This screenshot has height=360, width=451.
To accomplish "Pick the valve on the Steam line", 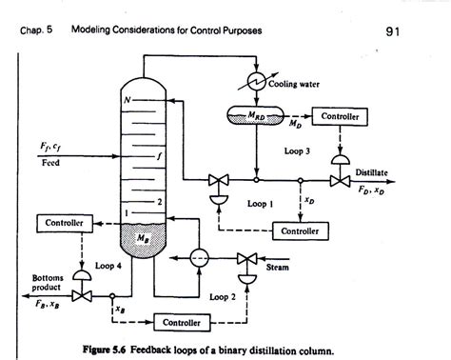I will coord(250,259).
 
